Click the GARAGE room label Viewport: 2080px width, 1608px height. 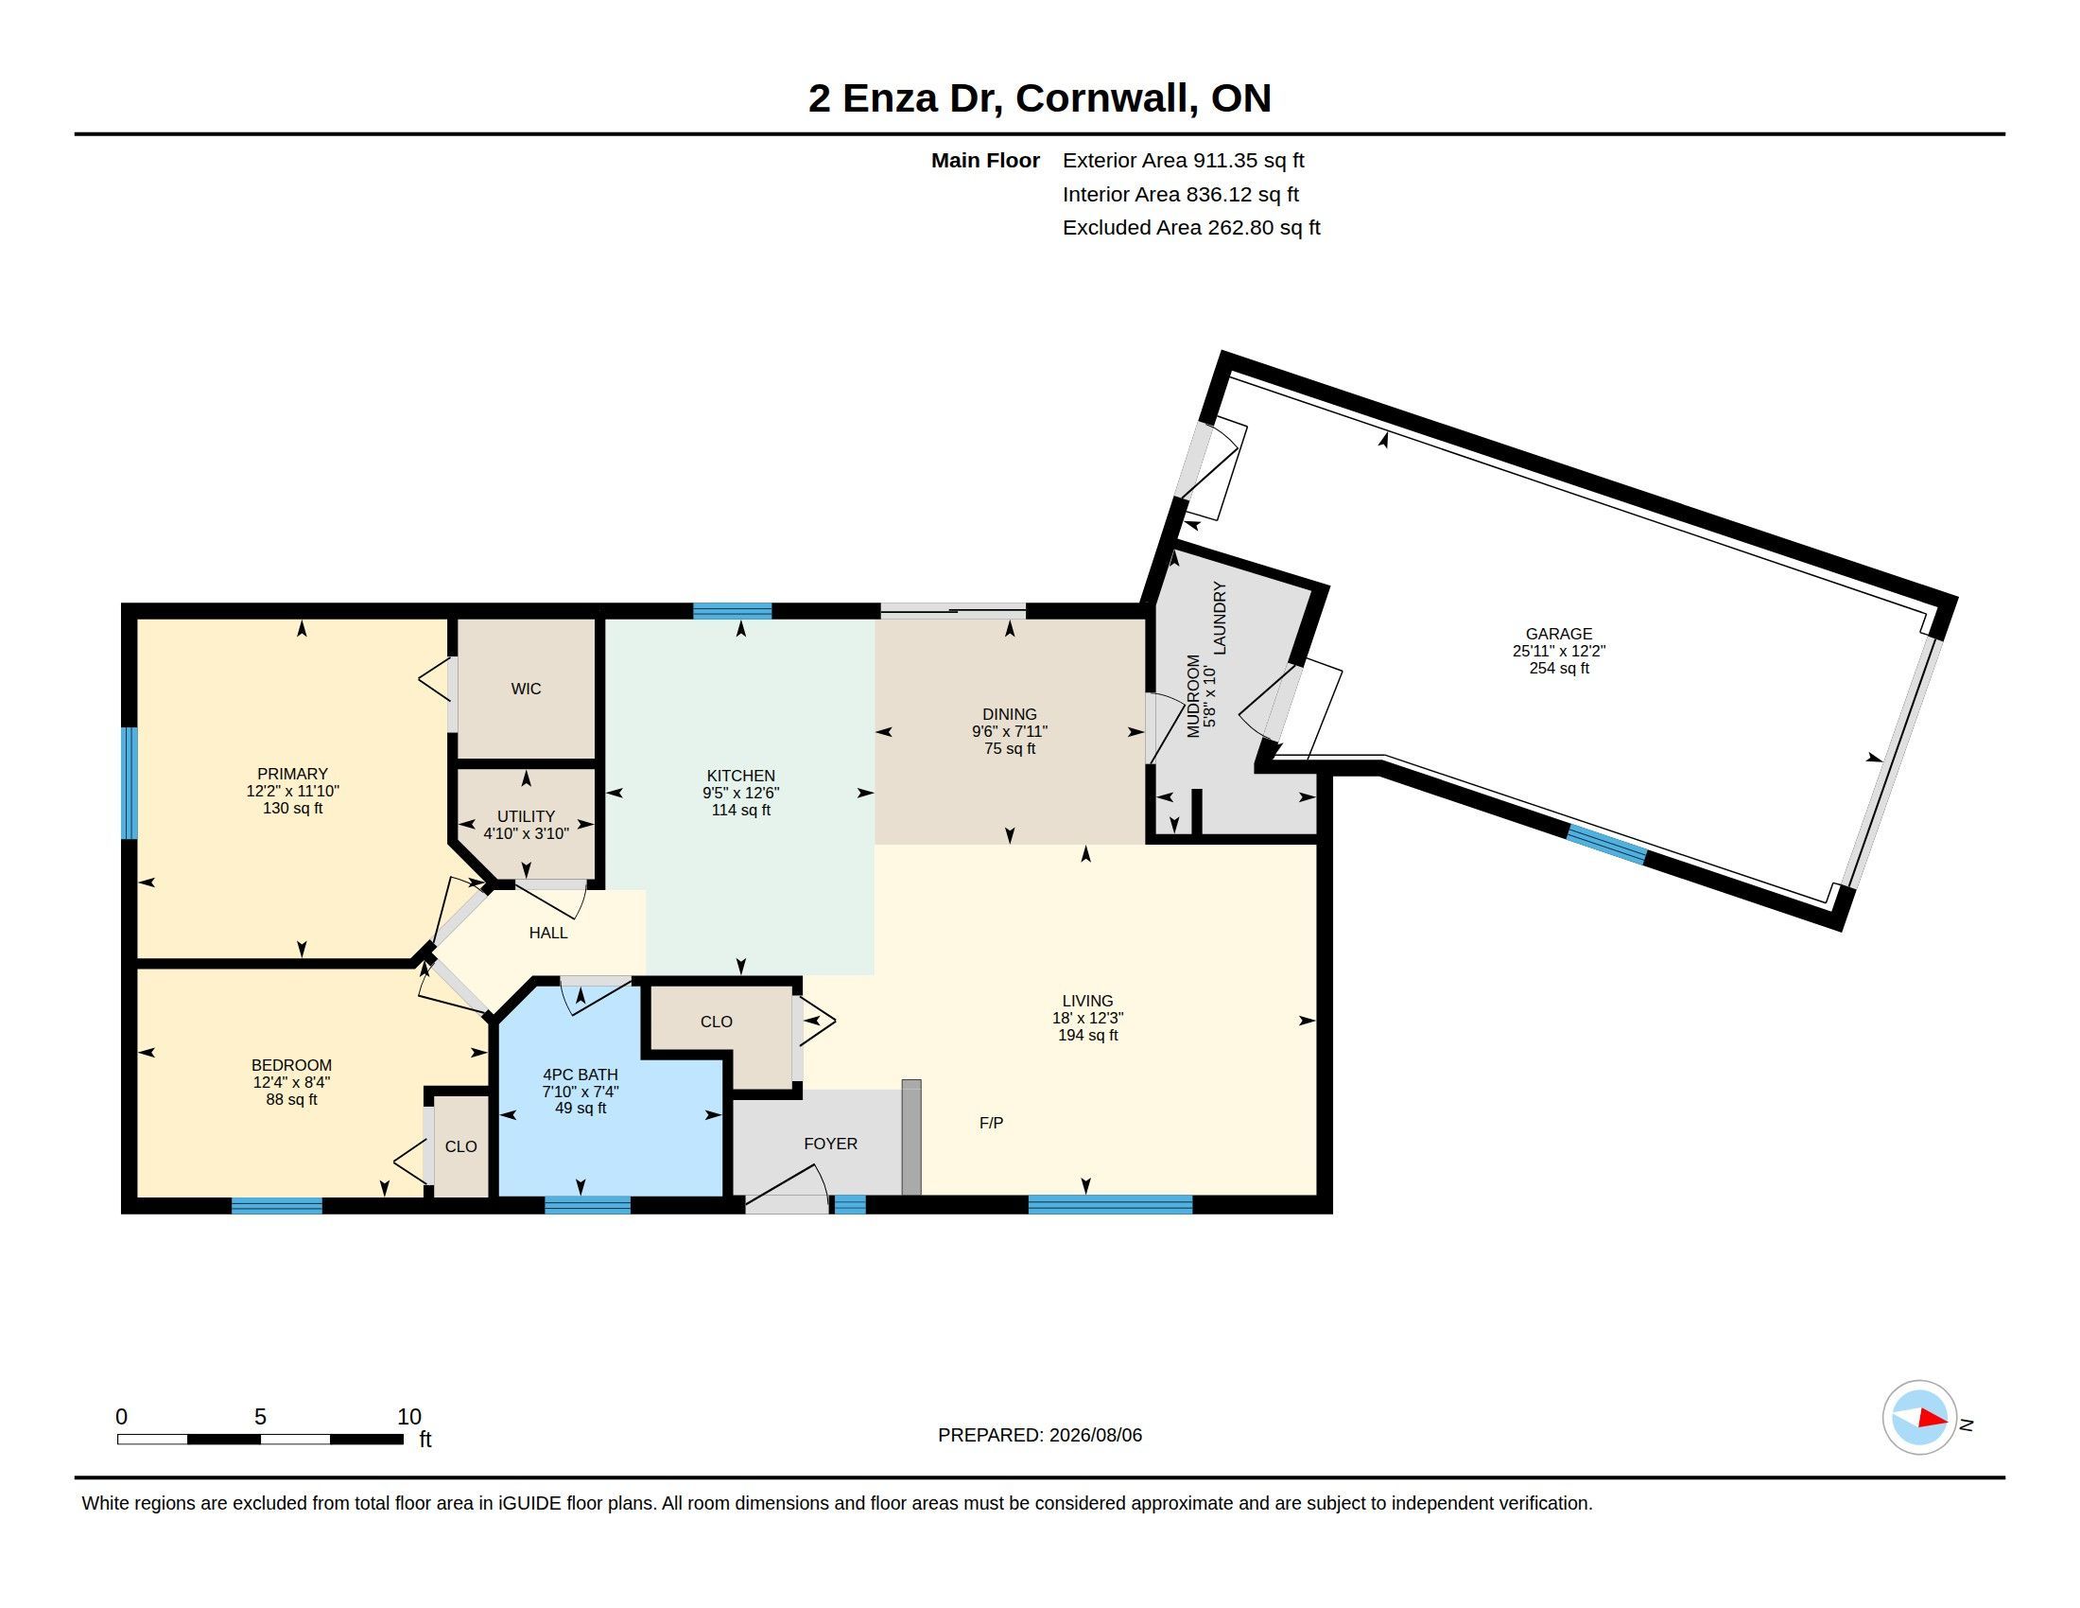(x=1558, y=634)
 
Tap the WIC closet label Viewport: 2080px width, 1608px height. (x=526, y=689)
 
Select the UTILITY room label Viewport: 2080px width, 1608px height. (x=526, y=816)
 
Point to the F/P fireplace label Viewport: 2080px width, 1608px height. (x=991, y=1123)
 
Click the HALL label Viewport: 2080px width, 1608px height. (x=548, y=933)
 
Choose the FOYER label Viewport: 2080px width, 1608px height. (x=830, y=1145)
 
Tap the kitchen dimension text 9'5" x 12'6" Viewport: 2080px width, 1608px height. (x=741, y=793)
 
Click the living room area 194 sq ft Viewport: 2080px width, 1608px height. (x=1087, y=1036)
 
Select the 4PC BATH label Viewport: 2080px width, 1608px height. (x=580, y=1075)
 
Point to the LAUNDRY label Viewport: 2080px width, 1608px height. (x=1220, y=618)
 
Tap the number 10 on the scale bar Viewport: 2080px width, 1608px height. (x=408, y=1417)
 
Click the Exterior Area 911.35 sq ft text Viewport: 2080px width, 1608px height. (x=1183, y=160)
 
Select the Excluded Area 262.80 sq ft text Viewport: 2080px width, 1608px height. (x=1191, y=228)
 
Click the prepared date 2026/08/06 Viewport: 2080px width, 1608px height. (x=1095, y=1435)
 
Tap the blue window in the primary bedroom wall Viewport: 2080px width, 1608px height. (x=130, y=783)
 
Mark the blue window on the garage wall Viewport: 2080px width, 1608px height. (x=1606, y=845)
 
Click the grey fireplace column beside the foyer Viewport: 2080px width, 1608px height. (x=911, y=1137)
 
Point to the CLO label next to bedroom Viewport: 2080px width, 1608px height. (x=461, y=1147)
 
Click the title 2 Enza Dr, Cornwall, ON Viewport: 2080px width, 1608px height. (x=1040, y=98)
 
